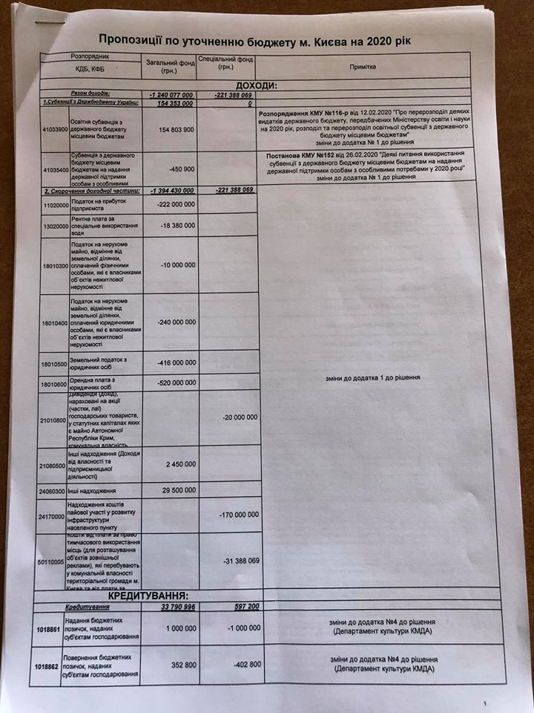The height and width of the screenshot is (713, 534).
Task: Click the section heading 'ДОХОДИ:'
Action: [x=257, y=86]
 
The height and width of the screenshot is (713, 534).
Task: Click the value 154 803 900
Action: [x=172, y=129]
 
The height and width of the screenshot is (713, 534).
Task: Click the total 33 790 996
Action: [x=172, y=608]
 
